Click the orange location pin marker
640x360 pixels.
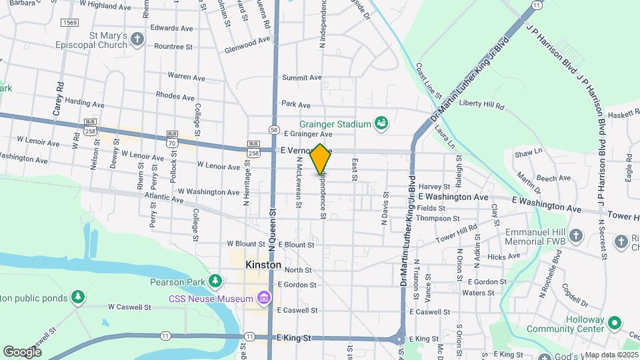tap(321, 159)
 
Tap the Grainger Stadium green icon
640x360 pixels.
tap(381, 123)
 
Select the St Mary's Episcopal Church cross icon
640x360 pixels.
tap(137, 38)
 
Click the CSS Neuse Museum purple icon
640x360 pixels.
tap(265, 297)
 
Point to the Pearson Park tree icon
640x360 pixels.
tap(215, 281)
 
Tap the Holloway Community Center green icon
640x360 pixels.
tap(616, 324)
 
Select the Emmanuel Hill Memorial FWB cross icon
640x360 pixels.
tap(575, 236)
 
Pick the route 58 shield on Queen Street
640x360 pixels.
tap(274, 130)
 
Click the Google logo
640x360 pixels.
tap(22, 351)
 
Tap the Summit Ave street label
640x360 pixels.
tap(301, 78)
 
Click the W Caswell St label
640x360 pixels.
tap(130, 307)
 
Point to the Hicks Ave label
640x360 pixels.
tap(503, 257)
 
